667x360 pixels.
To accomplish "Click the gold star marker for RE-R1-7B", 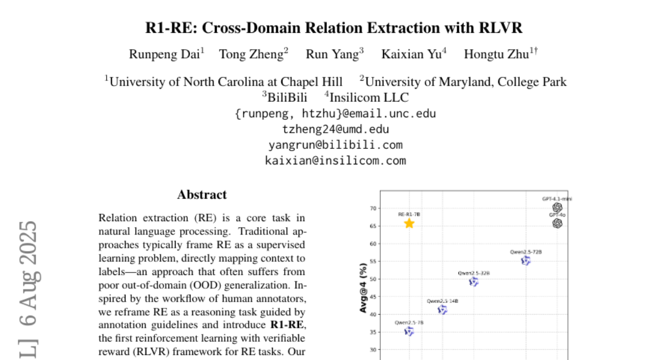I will (x=409, y=223).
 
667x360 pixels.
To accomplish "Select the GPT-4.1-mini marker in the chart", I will (x=558, y=207).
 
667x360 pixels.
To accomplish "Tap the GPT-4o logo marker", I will (x=558, y=223).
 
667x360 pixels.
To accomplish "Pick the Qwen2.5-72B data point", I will (x=526, y=260).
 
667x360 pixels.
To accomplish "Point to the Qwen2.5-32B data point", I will (x=474, y=282).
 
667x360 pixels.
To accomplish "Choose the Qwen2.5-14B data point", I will (x=442, y=309).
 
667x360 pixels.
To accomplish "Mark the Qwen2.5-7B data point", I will (x=409, y=331).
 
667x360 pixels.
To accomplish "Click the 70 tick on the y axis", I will (x=372, y=208).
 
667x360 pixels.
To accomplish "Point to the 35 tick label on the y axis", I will (x=372, y=332).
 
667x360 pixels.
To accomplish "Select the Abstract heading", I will (x=202, y=195).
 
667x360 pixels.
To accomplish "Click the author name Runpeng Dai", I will (x=165, y=54).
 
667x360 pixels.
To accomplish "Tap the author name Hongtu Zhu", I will (x=499, y=54).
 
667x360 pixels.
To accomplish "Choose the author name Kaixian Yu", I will (x=412, y=54).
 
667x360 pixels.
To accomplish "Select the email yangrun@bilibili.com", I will (x=335, y=145).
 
